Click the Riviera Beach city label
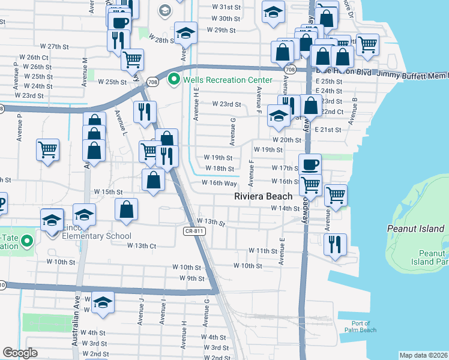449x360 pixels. click(263, 196)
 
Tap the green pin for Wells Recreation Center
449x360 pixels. click(175, 79)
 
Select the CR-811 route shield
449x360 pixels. click(195, 231)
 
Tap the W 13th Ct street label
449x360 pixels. click(142, 245)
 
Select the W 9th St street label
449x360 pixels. click(191, 278)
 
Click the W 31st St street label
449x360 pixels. click(226, 7)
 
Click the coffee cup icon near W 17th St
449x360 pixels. click(310, 164)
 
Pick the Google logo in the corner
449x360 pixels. click(20, 353)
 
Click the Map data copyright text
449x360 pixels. click(423, 355)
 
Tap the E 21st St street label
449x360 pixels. click(328, 130)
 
